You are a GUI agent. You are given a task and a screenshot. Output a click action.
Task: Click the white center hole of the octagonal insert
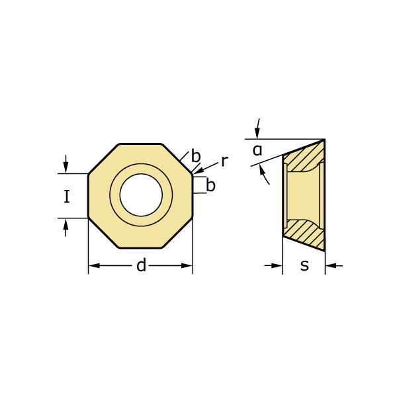141,196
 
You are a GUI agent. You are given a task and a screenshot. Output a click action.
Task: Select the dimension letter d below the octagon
141,266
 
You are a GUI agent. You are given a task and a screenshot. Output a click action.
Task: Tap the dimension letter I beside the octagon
66,197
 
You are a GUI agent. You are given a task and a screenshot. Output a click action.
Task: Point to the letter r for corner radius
224,161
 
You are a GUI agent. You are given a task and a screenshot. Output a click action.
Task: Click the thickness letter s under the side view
304,266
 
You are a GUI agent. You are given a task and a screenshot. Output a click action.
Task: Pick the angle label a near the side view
257,151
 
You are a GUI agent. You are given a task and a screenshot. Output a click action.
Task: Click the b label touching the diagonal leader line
196,157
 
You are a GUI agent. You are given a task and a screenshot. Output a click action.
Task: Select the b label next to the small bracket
210,186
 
